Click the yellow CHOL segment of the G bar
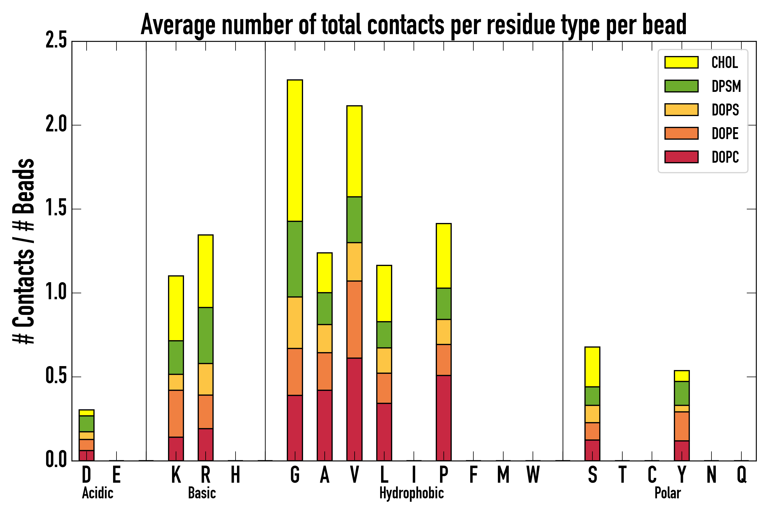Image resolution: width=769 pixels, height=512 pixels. tap(294, 150)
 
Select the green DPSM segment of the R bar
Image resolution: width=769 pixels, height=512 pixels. tap(205, 335)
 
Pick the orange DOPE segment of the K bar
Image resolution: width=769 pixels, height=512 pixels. tap(176, 413)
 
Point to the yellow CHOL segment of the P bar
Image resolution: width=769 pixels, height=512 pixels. tap(443, 256)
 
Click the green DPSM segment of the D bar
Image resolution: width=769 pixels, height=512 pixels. tap(87, 424)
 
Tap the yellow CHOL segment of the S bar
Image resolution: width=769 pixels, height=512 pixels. tap(592, 367)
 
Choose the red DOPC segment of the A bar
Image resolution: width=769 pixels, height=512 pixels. tap(324, 425)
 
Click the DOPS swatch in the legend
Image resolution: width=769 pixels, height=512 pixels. tap(681, 110)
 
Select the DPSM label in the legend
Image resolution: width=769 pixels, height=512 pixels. tap(726, 86)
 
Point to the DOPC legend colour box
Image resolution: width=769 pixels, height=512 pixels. tap(681, 157)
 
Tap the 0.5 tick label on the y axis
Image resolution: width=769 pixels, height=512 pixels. tap(56, 377)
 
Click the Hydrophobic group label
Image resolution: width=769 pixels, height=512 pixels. tap(411, 493)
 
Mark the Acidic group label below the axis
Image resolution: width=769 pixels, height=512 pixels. tap(97, 493)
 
